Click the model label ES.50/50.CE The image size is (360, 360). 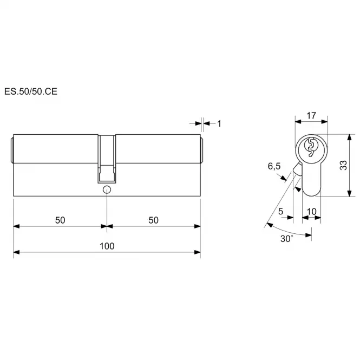31,91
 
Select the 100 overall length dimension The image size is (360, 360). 107,246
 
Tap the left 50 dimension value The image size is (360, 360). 60,220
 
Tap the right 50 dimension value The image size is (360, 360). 153,220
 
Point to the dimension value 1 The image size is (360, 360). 219,124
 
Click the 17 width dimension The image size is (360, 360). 311,115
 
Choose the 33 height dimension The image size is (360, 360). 343,165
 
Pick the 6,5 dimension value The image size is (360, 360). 274,166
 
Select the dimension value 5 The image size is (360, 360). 280,211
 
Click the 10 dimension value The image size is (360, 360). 312,212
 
